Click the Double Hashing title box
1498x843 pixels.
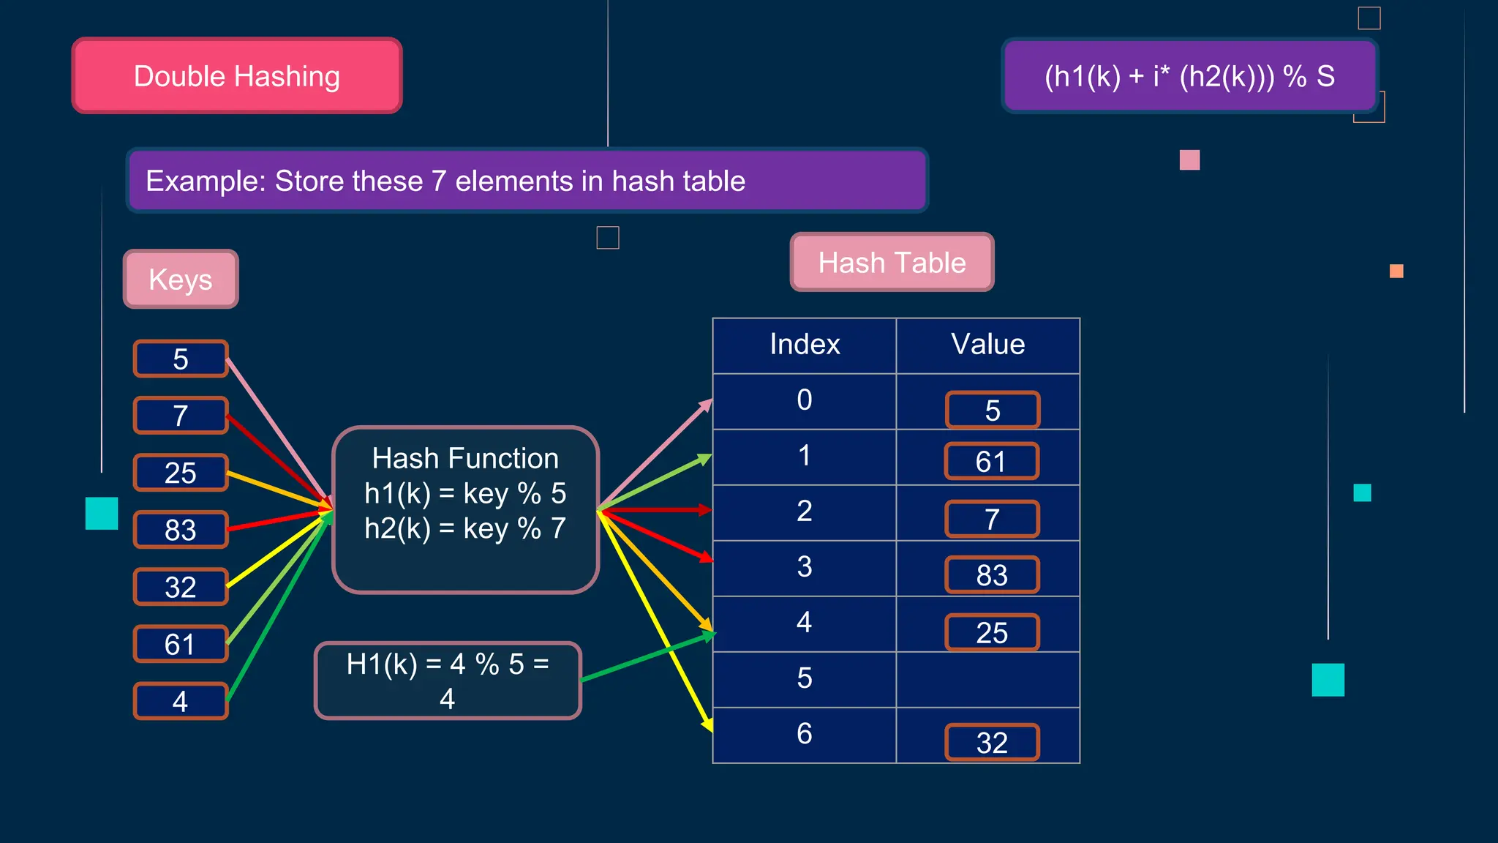[x=237, y=76]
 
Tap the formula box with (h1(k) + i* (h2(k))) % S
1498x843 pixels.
[x=1189, y=76]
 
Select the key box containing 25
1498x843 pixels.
[x=181, y=473]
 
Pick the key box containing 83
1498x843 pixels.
[x=181, y=530]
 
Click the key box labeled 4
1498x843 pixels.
[x=181, y=701]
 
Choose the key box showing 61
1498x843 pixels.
[x=181, y=644]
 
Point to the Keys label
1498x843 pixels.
[x=181, y=279]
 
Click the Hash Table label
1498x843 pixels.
[x=892, y=262]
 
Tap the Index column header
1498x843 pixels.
[x=805, y=345]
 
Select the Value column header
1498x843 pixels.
[x=987, y=345]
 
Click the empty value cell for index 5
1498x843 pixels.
[x=987, y=679]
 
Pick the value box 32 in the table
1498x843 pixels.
[x=992, y=743]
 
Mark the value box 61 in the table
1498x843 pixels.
[x=991, y=462]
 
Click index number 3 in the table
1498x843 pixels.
[x=805, y=567]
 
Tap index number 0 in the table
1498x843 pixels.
[x=805, y=400]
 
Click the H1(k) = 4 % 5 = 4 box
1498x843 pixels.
[x=448, y=681]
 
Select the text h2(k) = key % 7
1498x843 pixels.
[x=465, y=528]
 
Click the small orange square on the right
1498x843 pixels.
[x=1396, y=271]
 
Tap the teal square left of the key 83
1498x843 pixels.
[x=102, y=513]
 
